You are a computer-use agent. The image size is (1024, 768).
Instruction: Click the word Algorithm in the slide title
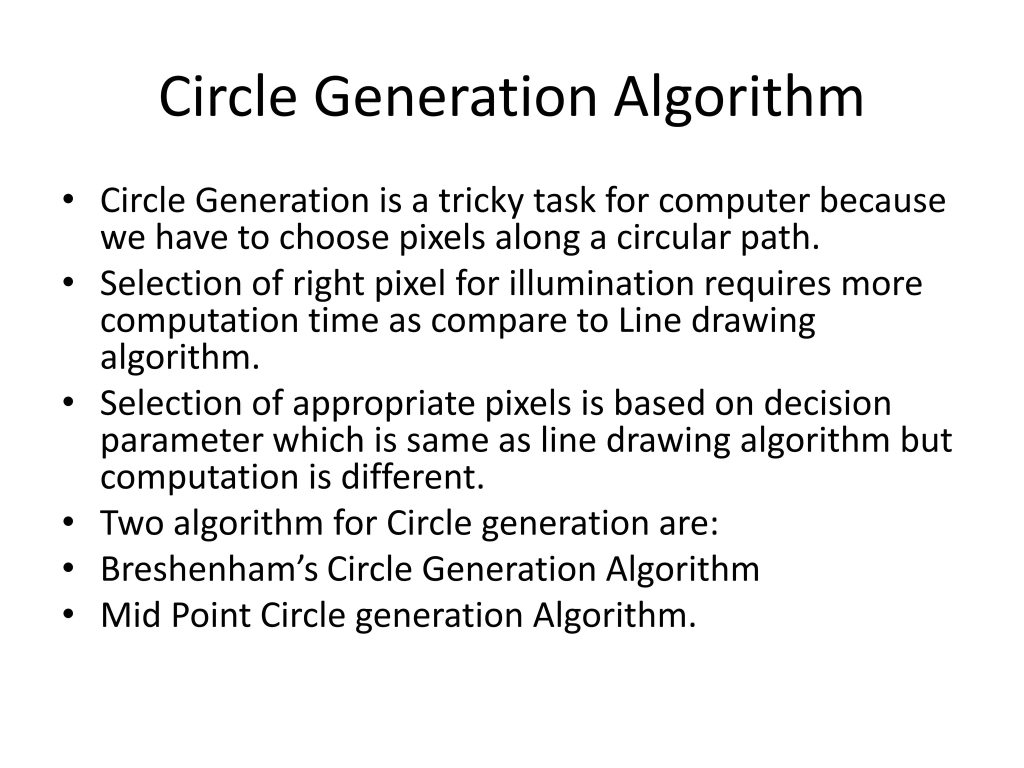coord(739,98)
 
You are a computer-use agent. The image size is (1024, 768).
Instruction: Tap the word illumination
coord(601,283)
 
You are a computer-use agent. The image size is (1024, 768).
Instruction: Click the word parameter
coord(181,441)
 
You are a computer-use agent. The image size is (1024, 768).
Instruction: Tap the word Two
coord(132,523)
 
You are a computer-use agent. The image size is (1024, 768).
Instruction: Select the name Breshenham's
coord(209,569)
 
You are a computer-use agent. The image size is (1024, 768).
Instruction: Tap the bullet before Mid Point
coord(68,615)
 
